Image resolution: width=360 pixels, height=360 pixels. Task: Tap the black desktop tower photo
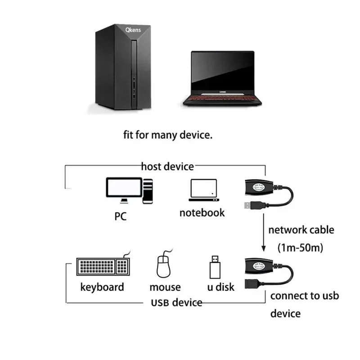point(123,70)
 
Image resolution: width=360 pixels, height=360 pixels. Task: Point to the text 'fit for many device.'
point(167,135)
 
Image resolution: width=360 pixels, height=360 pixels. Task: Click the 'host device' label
point(167,166)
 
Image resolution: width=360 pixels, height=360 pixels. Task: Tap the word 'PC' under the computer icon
point(120,216)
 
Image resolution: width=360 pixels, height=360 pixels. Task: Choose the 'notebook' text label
point(202,212)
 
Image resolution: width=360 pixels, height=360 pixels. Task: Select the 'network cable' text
point(301,230)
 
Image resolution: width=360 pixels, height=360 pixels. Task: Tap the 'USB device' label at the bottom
point(176,302)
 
